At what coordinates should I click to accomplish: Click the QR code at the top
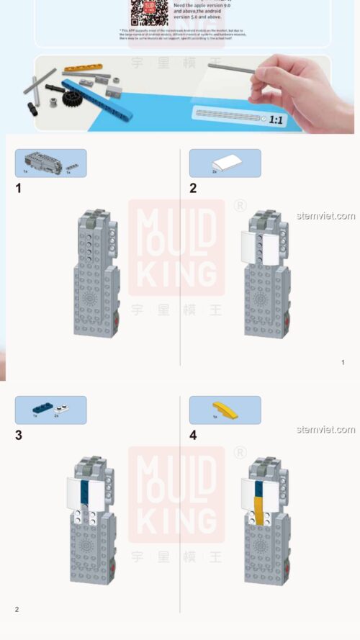point(149,12)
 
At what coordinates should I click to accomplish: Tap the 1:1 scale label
point(275,120)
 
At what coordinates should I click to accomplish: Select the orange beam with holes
point(84,68)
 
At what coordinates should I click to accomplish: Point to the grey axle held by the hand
point(233,69)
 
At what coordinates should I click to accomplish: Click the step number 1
point(19,189)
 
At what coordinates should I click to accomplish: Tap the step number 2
point(193,189)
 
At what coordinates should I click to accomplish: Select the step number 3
point(19,435)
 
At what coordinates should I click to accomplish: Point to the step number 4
point(193,435)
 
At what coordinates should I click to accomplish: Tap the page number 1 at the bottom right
point(343,362)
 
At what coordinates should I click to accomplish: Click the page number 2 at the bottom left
point(17,609)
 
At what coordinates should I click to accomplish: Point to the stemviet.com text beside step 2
point(325,216)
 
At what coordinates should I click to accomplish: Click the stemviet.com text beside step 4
point(325,430)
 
